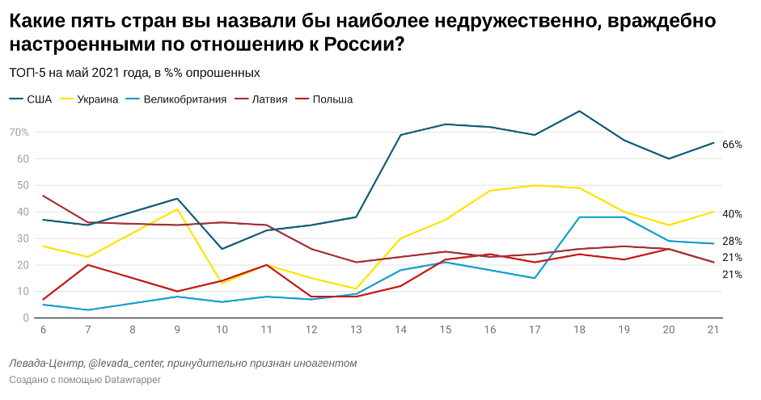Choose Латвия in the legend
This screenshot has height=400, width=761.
point(269,99)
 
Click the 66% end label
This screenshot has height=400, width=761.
point(732,145)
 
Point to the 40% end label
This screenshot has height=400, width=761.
point(732,214)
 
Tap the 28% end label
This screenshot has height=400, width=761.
point(732,242)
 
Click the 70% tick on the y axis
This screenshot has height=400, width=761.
point(19,133)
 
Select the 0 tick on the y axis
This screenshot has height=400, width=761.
point(26,318)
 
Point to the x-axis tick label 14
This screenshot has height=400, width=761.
point(400,331)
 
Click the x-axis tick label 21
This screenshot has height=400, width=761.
point(712,331)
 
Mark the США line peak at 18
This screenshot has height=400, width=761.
point(578,111)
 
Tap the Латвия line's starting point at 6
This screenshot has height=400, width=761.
point(42,196)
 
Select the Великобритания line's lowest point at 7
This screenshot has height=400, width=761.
point(87,310)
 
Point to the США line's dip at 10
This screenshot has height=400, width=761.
point(222,249)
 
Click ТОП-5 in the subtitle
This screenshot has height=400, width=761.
point(27,73)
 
